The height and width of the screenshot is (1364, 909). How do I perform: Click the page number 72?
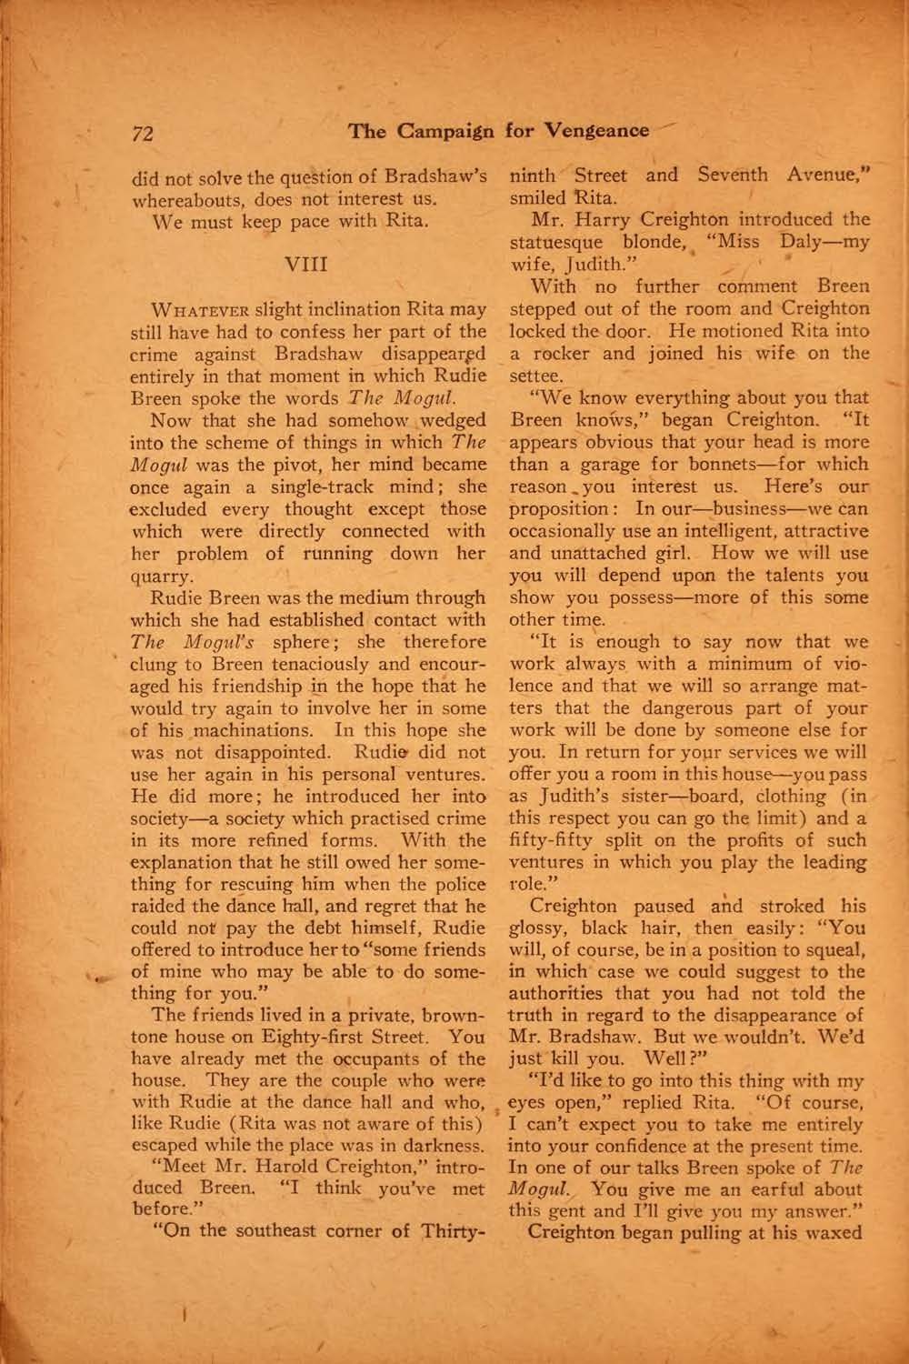click(x=142, y=133)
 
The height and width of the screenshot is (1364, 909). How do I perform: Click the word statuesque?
click(x=555, y=243)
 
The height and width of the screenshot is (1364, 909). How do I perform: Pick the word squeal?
click(x=835, y=950)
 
